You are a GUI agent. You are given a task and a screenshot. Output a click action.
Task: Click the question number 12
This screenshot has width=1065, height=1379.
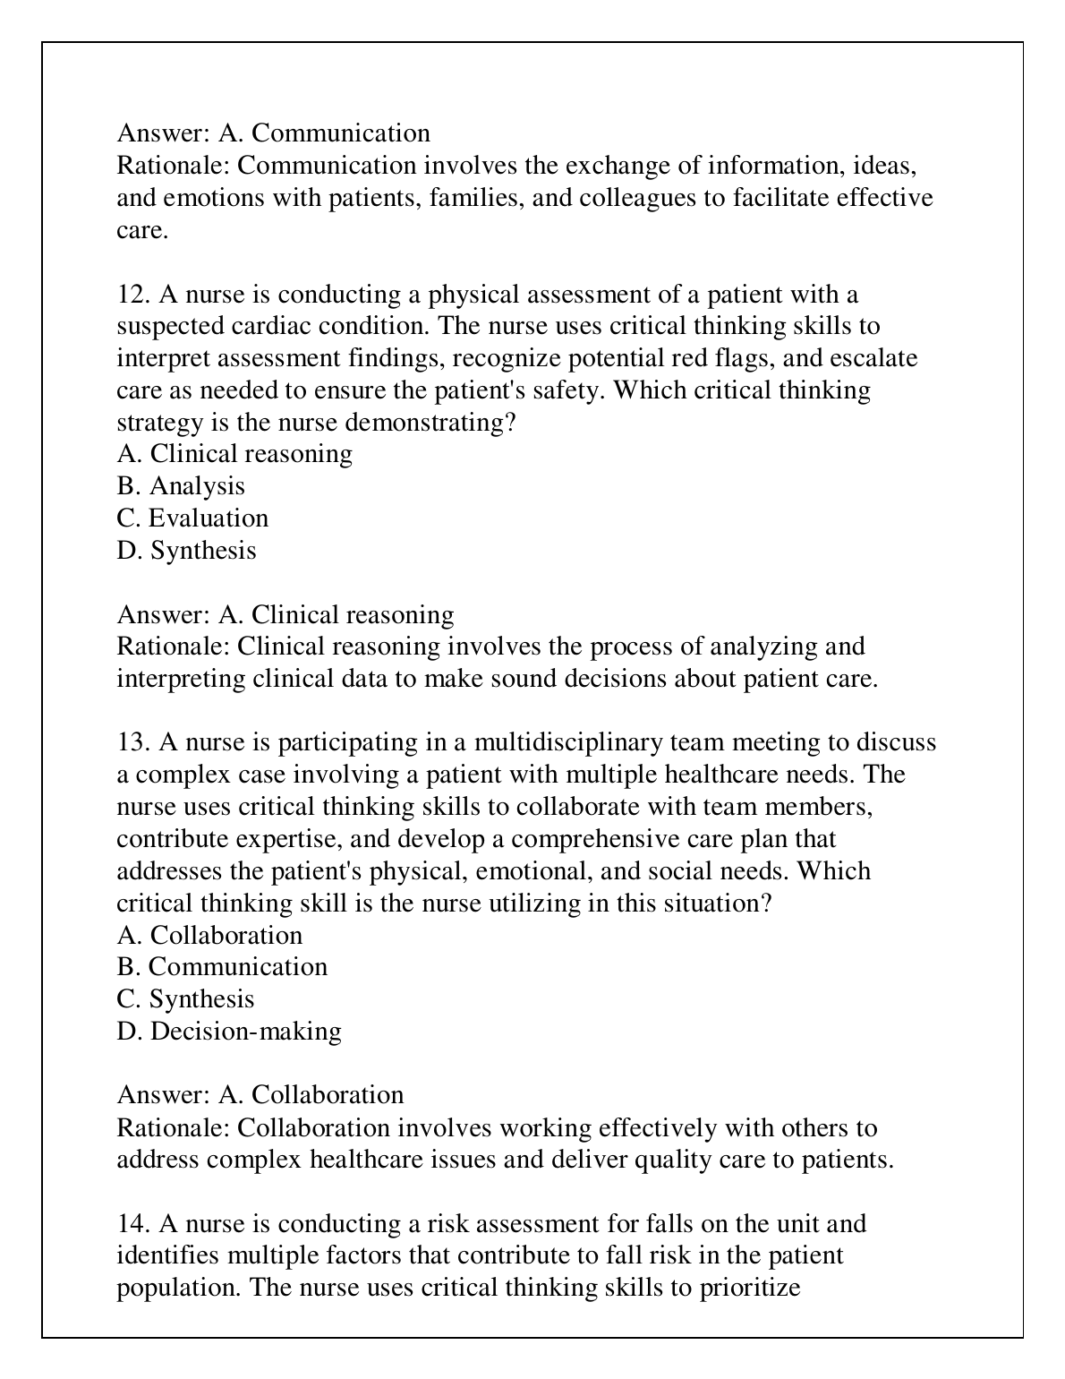(132, 295)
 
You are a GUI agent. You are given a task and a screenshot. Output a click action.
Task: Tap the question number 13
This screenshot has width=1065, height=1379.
(132, 742)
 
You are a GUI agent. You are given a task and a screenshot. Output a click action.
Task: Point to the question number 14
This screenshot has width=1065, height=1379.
(132, 1223)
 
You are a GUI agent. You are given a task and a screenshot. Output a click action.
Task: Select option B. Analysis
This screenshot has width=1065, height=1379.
(181, 486)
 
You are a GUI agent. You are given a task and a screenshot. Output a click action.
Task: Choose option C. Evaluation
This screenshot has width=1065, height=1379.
(192, 518)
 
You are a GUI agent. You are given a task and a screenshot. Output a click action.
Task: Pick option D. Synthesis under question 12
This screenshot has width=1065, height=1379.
(186, 551)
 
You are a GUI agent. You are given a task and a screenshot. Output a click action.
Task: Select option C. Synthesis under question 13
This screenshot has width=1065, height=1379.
(185, 999)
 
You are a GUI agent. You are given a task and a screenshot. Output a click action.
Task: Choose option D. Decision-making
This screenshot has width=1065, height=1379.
(229, 1032)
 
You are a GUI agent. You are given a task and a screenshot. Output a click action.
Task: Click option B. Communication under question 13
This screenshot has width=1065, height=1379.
(222, 967)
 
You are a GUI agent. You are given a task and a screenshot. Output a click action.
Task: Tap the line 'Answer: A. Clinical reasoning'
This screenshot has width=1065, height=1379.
(285, 615)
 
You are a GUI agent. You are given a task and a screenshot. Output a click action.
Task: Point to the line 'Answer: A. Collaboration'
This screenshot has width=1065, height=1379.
(260, 1095)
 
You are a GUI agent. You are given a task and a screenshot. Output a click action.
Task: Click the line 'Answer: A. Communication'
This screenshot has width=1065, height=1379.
(273, 133)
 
